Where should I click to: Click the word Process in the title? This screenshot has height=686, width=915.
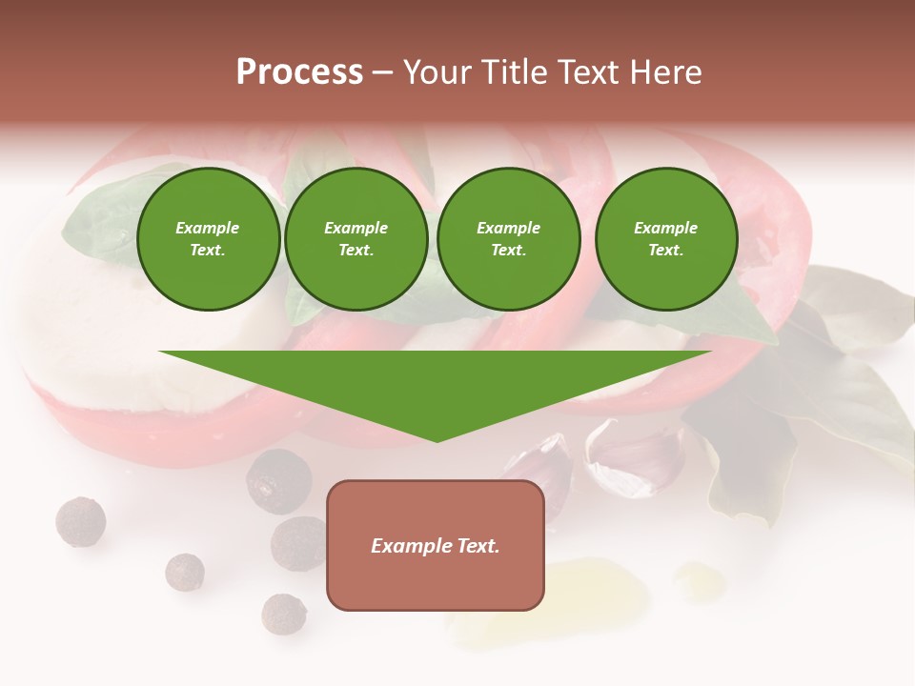coord(299,72)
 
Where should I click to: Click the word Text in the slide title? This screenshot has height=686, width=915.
coord(590,72)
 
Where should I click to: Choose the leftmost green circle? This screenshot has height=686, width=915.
coord(208,239)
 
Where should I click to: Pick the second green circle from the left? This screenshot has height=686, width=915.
coord(356,239)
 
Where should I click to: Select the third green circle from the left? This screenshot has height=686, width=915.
coord(508,239)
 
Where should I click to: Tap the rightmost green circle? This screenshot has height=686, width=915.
coord(665,239)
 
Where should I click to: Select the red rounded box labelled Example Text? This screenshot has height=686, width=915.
coord(436,545)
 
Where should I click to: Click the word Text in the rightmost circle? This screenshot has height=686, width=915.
coord(665,251)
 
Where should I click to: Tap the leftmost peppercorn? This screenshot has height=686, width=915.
coord(80,521)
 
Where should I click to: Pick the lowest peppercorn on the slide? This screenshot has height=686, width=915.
coord(283,614)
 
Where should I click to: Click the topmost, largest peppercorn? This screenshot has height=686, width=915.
coord(278,481)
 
